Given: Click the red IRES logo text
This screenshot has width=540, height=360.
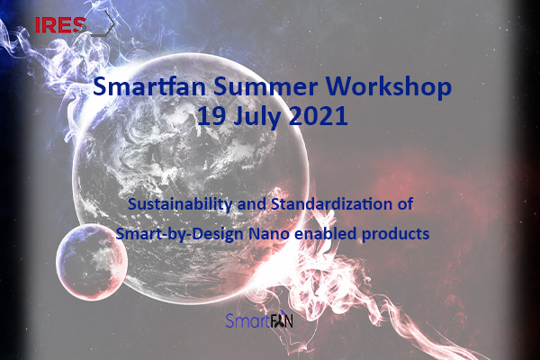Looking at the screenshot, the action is (60, 25).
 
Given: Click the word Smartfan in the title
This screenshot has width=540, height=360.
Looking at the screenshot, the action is (149, 86).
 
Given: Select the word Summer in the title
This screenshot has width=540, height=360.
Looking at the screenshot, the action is (265, 86).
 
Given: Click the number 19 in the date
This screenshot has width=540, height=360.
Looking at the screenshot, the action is (211, 116).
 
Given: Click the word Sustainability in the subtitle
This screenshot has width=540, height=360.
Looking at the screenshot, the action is (180, 204).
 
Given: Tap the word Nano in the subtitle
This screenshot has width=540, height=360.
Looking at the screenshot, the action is (268, 234).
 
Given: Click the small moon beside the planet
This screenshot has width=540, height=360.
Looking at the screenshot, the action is (92, 262).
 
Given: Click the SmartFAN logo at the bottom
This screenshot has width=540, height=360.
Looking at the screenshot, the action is (259, 319).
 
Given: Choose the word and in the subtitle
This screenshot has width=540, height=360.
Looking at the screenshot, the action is (252, 204).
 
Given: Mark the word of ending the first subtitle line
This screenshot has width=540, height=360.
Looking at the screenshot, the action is (405, 204).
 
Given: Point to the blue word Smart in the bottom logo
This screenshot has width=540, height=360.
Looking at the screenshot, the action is (247, 320).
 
